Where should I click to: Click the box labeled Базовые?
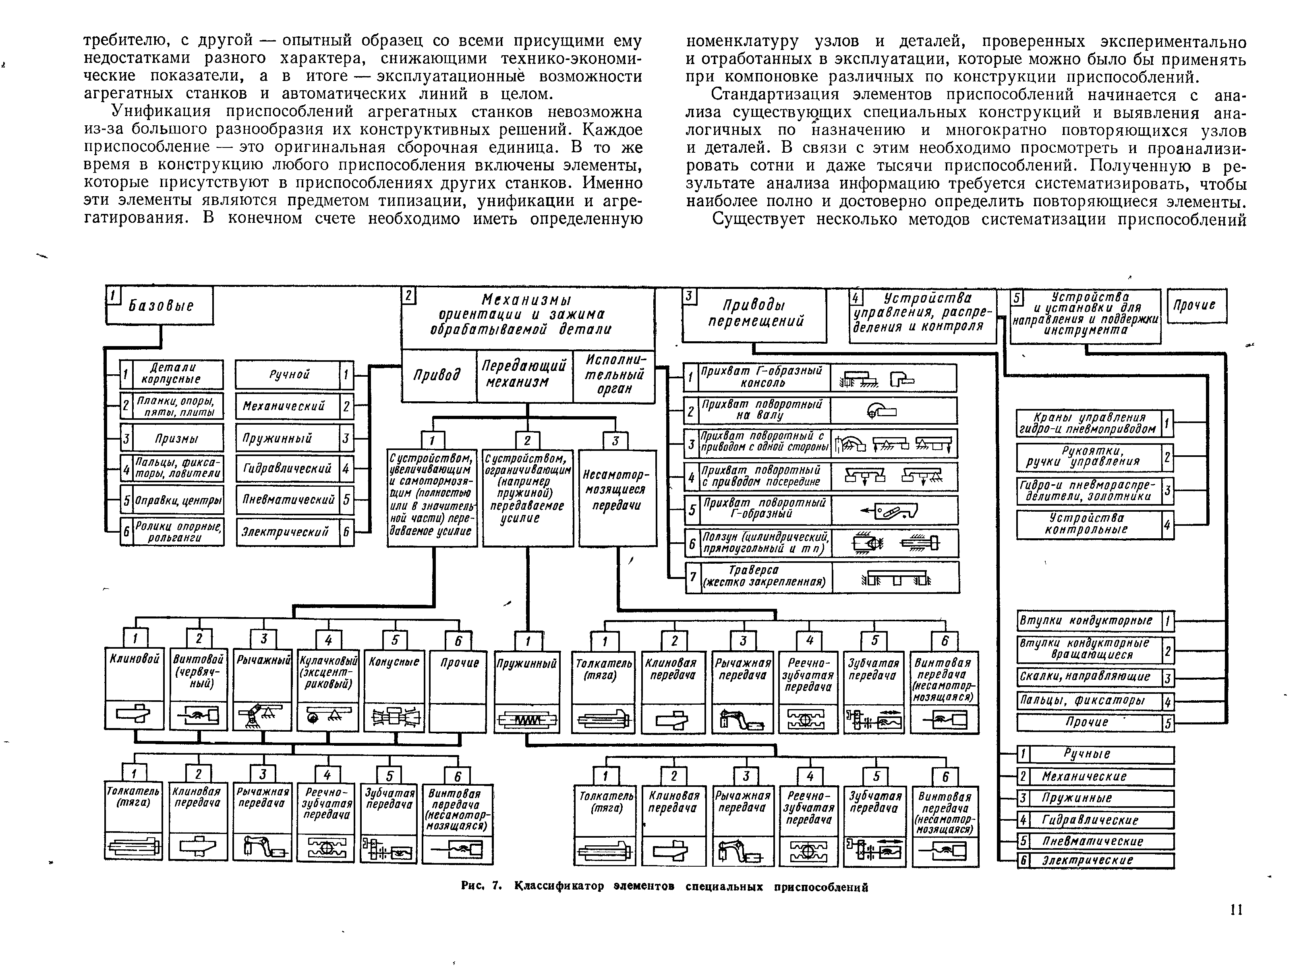[x=160, y=305]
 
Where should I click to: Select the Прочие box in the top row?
[x=1196, y=305]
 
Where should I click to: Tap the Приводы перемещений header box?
[x=754, y=315]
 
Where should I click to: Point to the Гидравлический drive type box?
[x=287, y=469]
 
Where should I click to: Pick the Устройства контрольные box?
[x=1088, y=524]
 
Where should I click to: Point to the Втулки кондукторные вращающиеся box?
[x=1088, y=649]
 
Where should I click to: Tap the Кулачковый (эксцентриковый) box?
[x=327, y=690]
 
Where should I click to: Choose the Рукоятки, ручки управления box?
[x=1088, y=456]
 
